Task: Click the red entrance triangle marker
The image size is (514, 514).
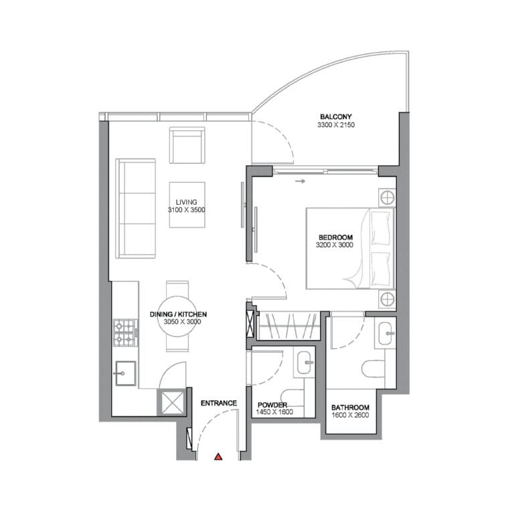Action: click(x=218, y=456)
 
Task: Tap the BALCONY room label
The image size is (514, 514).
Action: click(x=336, y=116)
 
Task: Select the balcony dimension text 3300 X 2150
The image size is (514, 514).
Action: click(x=336, y=125)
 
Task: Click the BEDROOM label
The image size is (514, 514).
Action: click(x=336, y=238)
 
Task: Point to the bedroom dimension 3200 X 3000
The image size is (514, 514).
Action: click(x=335, y=245)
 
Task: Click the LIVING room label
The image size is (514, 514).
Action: click(x=186, y=202)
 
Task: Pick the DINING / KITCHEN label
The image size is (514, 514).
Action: click(x=178, y=315)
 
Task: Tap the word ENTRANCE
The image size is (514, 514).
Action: click(x=219, y=403)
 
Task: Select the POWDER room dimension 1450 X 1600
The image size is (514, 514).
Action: click(x=274, y=412)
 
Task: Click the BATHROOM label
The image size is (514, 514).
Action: click(x=350, y=408)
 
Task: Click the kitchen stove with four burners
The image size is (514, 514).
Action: click(x=126, y=333)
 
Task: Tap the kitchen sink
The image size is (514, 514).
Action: click(x=126, y=373)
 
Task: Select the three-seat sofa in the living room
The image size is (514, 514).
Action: click(x=135, y=209)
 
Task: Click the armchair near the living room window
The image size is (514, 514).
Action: click(x=187, y=145)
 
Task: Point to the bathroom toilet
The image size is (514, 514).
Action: click(x=373, y=369)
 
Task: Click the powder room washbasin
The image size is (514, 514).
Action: click(x=305, y=363)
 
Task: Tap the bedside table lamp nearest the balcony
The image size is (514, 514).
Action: click(x=387, y=197)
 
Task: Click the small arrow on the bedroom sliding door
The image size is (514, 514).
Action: click(x=300, y=181)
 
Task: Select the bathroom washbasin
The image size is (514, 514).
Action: click(x=385, y=333)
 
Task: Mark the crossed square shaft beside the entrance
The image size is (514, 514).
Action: click(x=172, y=402)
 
